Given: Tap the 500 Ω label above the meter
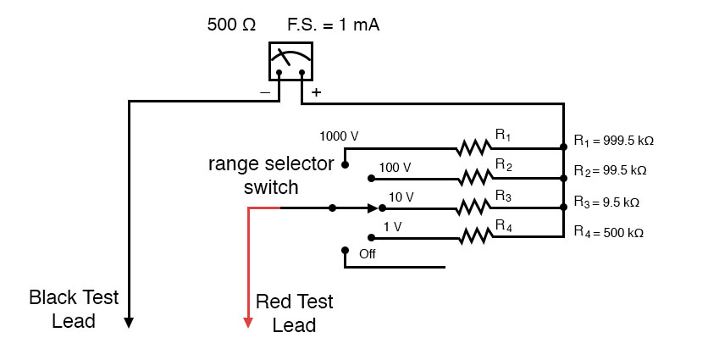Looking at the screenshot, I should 231,25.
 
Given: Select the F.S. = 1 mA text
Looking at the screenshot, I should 328,25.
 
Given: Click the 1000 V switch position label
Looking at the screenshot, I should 339,136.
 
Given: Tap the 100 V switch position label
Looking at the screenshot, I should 395,167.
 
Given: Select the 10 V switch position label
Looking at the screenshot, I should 400,197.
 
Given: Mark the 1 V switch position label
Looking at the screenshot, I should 391,226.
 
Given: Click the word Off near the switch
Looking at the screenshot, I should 368,253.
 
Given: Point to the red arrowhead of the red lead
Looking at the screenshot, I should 248,322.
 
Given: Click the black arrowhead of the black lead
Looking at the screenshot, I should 129,322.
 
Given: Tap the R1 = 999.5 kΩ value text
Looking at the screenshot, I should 613,140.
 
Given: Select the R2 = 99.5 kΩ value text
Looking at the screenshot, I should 610,170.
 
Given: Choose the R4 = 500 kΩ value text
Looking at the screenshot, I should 608,231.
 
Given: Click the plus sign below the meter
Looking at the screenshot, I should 317,92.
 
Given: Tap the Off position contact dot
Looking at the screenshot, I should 345,251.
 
